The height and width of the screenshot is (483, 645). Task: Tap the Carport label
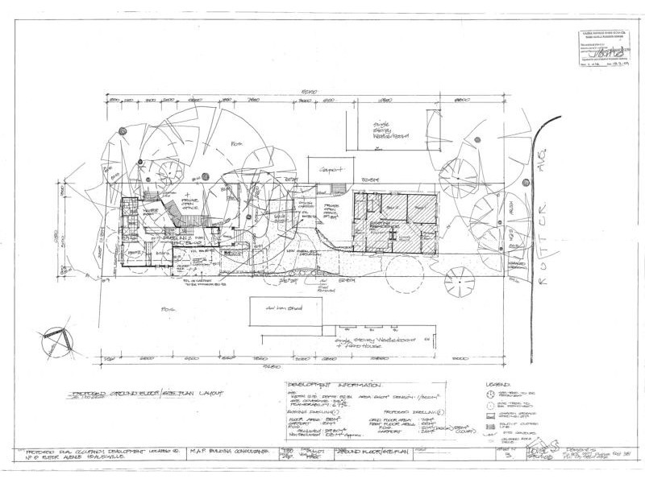point(328,171)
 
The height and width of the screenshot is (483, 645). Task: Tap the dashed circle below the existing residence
point(401,275)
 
